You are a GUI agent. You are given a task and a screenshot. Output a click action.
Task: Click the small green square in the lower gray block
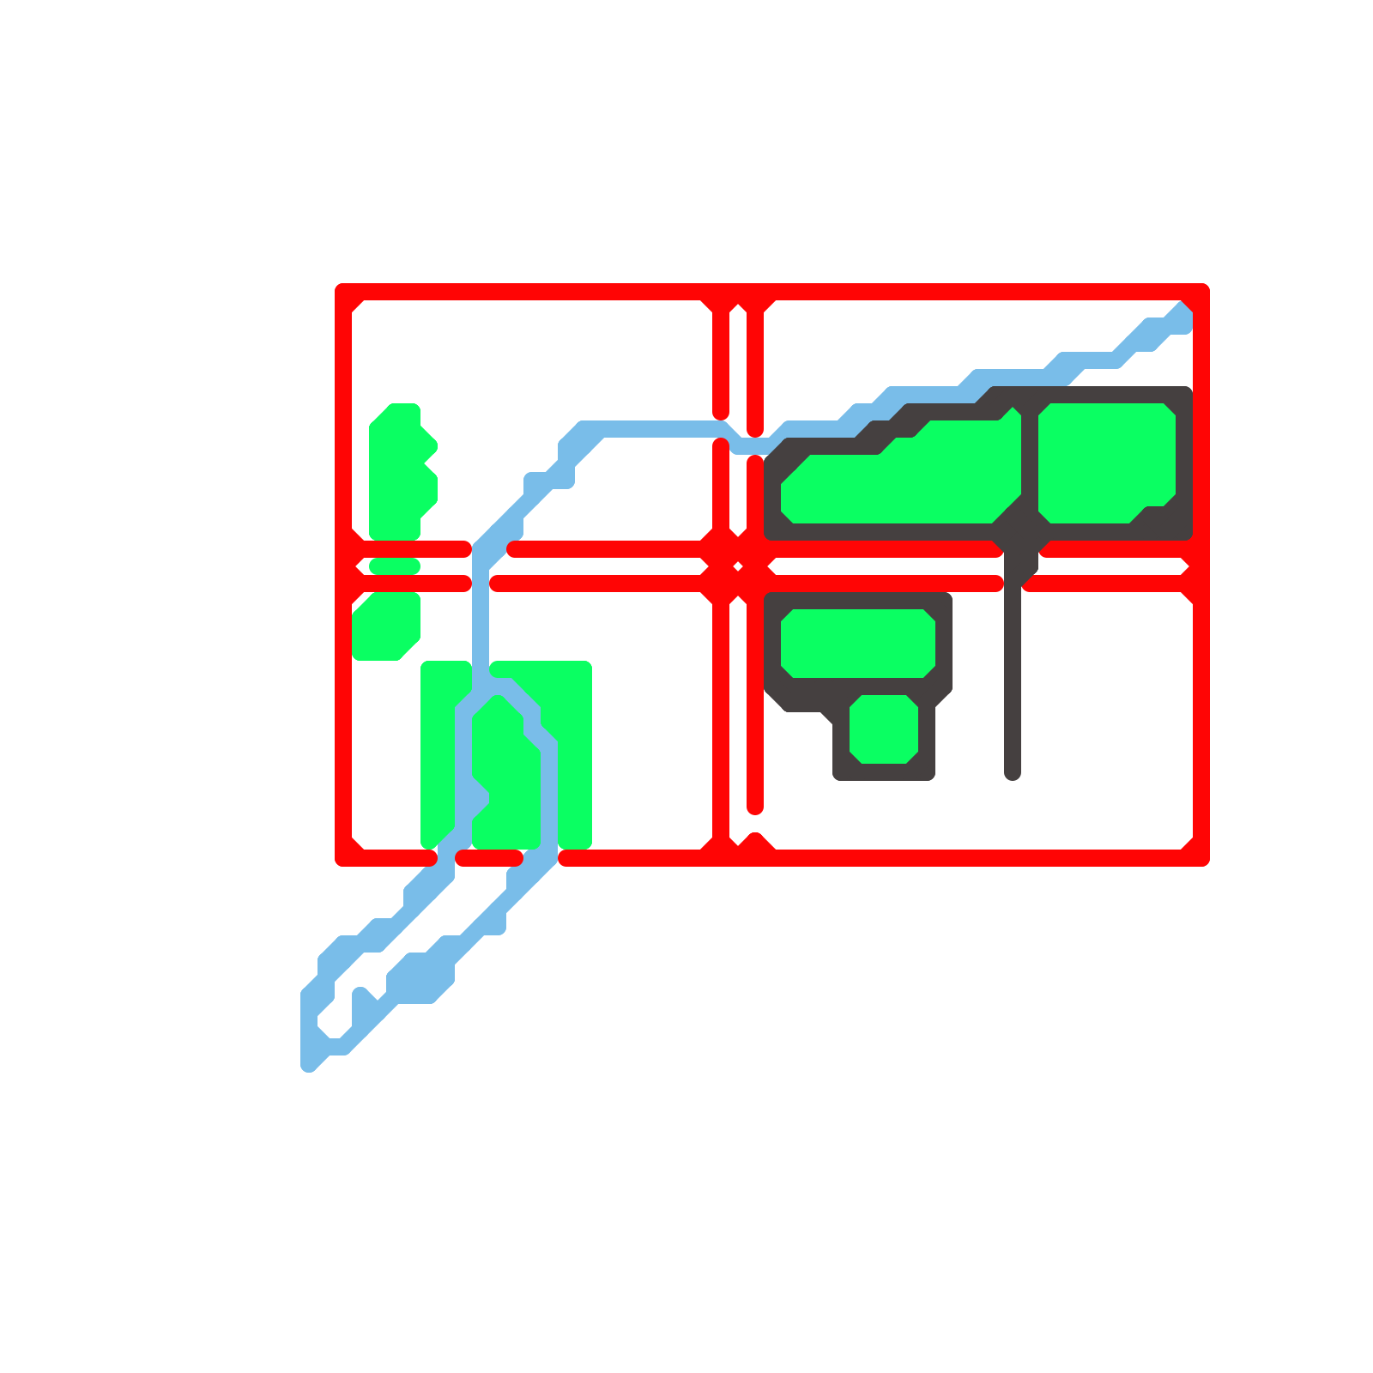tap(884, 729)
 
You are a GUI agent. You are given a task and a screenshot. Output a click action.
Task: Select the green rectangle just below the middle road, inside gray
tap(858, 644)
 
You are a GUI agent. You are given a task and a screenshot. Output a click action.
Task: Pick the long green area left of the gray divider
tap(901, 481)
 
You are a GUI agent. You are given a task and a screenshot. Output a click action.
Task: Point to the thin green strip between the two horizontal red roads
tap(394, 566)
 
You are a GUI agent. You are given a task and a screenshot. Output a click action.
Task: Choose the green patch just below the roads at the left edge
tap(386, 626)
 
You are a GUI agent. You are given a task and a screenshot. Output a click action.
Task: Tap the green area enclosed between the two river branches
tap(506, 772)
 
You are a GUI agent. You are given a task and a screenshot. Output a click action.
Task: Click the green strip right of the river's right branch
tap(573, 755)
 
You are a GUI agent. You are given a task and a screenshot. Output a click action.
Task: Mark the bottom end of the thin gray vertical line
tap(1013, 774)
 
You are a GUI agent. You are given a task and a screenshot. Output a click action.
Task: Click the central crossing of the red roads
tap(738, 566)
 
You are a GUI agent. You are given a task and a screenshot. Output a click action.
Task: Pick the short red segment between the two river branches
tap(489, 858)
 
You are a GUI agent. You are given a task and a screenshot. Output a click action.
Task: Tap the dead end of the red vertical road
tap(755, 807)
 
